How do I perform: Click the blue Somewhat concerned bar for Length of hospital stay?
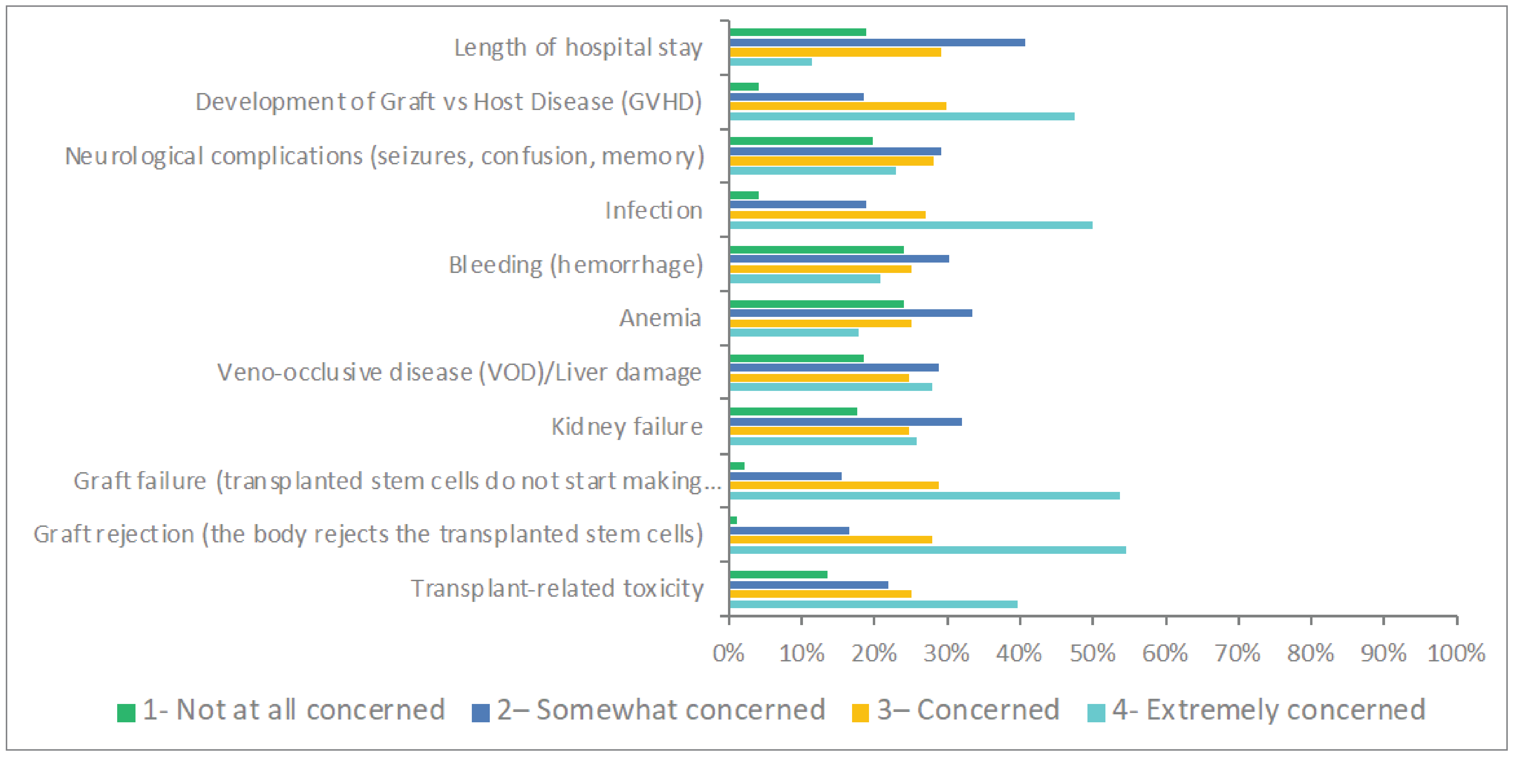click(877, 42)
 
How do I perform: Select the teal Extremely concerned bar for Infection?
click(910, 225)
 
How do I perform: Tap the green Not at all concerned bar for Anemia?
click(816, 303)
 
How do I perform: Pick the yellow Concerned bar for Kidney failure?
click(819, 431)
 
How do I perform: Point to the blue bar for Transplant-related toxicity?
click(809, 585)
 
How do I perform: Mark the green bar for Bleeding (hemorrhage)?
click(816, 249)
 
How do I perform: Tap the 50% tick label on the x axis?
click(1092, 653)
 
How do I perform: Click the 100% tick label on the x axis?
click(1456, 653)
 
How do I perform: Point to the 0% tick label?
click(728, 653)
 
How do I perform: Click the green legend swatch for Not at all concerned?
click(126, 712)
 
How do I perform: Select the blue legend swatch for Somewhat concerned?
click(480, 712)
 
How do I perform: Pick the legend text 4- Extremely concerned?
click(1268, 710)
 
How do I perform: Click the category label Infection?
click(654, 210)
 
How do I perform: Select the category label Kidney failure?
click(627, 427)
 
